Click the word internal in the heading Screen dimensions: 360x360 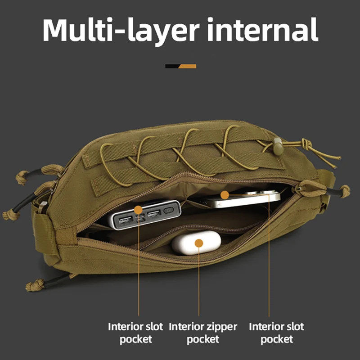262,29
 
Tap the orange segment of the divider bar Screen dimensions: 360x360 187,66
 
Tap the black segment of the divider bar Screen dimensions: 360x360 172,66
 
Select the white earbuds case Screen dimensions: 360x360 196,243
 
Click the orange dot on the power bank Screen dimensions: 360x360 138,210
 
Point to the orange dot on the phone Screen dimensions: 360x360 225,195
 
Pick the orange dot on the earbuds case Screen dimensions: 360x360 199,243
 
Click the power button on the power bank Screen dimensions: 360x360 168,210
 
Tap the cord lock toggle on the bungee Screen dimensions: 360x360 278,146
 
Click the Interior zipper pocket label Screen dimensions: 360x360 203,333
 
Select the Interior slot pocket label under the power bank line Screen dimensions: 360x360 135,333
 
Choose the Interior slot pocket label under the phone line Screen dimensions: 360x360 276,333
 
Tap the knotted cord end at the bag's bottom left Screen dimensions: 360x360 35,285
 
